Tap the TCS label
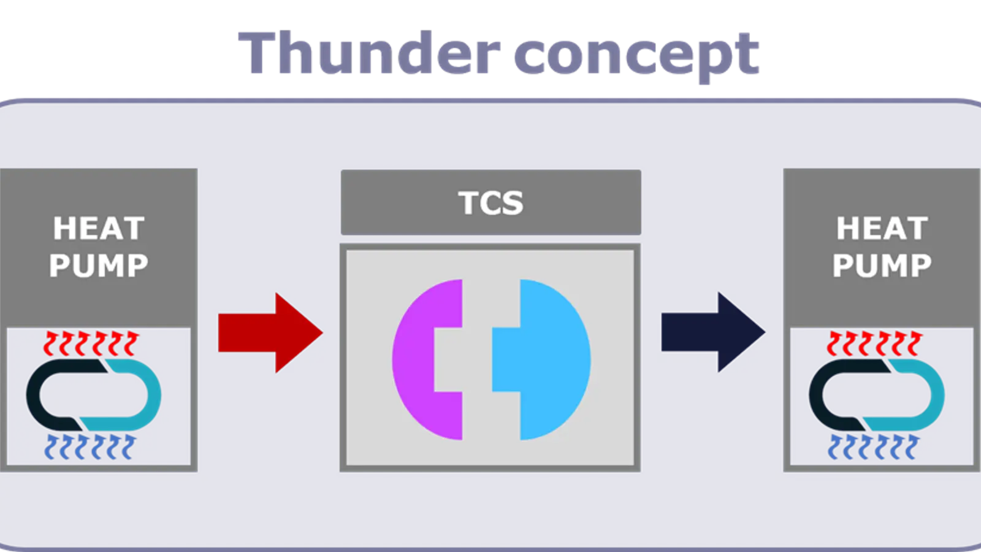tap(490, 203)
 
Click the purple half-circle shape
tap(423, 359)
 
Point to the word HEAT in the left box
tap(99, 229)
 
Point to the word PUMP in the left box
tap(99, 266)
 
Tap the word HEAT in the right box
tap(882, 229)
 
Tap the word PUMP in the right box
tap(882, 266)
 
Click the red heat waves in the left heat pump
tap(91, 343)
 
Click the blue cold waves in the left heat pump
tap(91, 447)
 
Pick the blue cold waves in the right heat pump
tap(874, 447)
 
